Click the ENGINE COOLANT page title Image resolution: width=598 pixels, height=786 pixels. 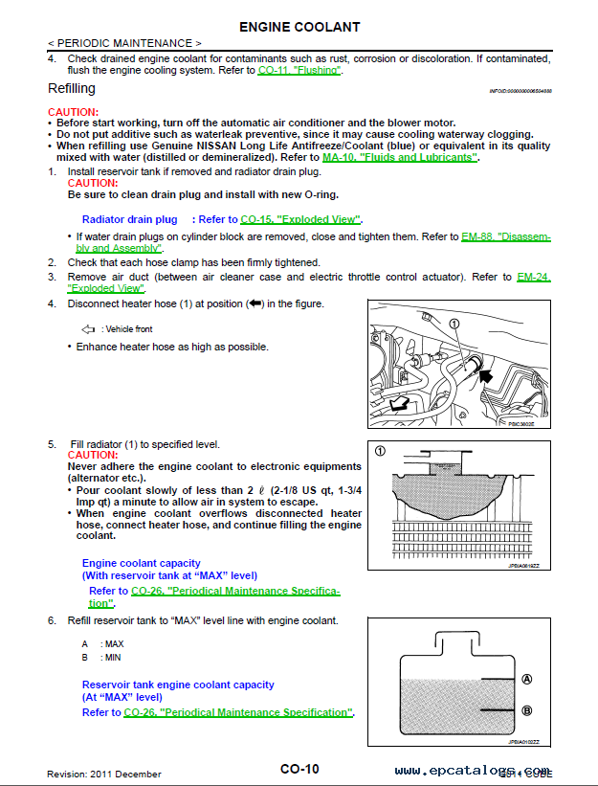point(299,26)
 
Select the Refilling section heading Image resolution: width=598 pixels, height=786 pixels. point(72,88)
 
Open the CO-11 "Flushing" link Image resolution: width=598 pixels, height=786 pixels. point(299,71)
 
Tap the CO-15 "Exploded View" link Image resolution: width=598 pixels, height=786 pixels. point(300,219)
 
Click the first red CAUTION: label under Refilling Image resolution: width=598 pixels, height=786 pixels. point(73,112)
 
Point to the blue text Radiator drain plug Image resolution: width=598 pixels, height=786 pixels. point(130,219)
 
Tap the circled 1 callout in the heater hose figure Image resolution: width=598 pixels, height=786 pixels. point(454,324)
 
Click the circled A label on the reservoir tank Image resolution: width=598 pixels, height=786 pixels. point(525,679)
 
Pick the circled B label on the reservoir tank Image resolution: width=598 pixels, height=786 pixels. point(525,710)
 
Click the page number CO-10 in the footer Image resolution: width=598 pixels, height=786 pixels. point(299,769)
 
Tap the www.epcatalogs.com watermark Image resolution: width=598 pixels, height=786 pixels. point(472,771)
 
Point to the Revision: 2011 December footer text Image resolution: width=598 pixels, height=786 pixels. point(104,774)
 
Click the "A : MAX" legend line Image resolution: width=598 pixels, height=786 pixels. point(102,644)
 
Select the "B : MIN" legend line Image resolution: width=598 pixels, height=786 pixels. point(101,658)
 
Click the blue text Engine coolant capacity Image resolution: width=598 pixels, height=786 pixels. point(142,563)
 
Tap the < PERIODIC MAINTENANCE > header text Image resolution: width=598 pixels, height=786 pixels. point(124,44)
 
